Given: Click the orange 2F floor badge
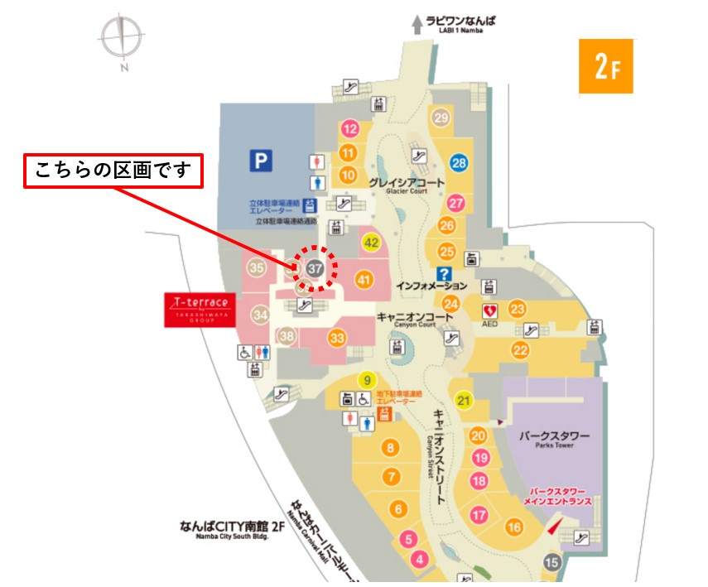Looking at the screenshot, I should tap(604, 66).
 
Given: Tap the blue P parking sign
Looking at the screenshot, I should tap(262, 160).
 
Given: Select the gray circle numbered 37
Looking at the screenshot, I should tap(315, 268).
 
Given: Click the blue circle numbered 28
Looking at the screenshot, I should tap(459, 163).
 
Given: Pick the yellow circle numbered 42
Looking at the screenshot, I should tap(372, 243).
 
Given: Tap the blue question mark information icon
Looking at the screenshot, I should tap(444, 274).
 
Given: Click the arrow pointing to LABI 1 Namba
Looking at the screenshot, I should tap(417, 25).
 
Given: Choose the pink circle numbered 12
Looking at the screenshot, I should tap(350, 128).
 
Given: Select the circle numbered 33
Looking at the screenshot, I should tap(336, 338).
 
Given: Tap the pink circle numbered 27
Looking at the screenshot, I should tap(456, 203).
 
